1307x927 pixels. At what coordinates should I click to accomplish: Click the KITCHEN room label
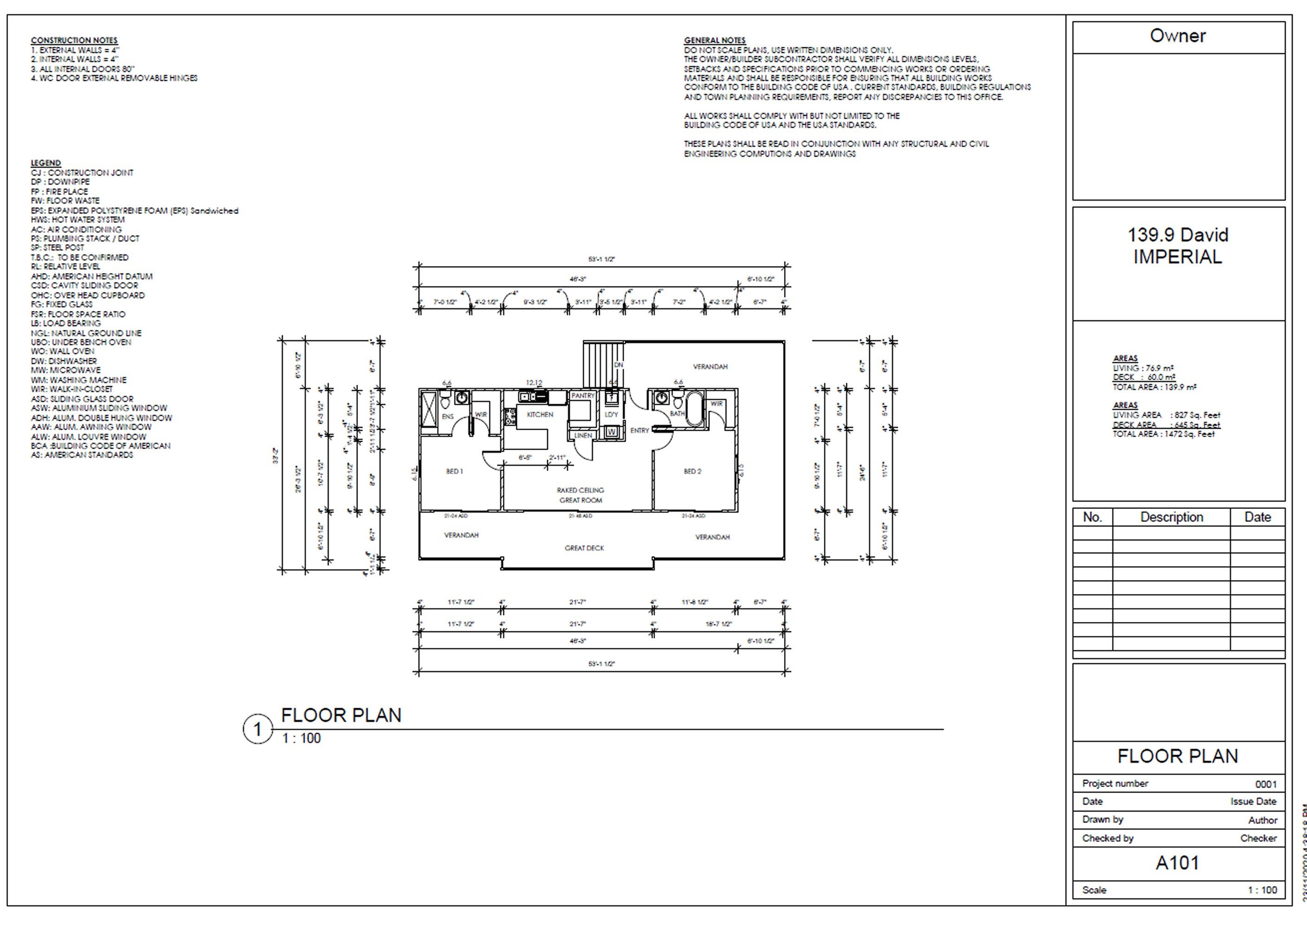pyautogui.click(x=540, y=414)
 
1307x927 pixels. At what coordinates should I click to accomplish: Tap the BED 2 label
pyautogui.click(x=692, y=471)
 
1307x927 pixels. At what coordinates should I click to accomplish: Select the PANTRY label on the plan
pyautogui.click(x=582, y=395)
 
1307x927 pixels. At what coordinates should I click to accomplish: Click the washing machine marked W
pyautogui.click(x=612, y=432)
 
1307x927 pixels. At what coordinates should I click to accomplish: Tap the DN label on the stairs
pyautogui.click(x=618, y=365)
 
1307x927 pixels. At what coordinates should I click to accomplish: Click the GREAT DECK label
pyautogui.click(x=584, y=548)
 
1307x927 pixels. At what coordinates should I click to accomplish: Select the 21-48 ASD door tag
pyautogui.click(x=580, y=516)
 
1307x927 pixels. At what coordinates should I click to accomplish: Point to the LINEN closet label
pyautogui.click(x=582, y=436)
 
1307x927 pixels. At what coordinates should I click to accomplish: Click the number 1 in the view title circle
pyautogui.click(x=257, y=730)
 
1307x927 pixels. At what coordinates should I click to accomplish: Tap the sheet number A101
pyautogui.click(x=1177, y=863)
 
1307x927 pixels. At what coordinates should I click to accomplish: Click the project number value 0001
pyautogui.click(x=1265, y=784)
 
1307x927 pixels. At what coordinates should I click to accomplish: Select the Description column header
pyautogui.click(x=1171, y=517)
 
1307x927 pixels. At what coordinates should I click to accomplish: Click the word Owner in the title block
pyautogui.click(x=1177, y=36)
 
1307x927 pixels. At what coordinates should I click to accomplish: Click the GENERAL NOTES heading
pyautogui.click(x=714, y=40)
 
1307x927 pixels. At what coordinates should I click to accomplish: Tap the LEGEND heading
pyautogui.click(x=46, y=163)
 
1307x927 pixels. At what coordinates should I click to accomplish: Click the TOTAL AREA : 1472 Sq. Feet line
pyautogui.click(x=1163, y=434)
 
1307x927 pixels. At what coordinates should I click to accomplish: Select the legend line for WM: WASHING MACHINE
pyautogui.click(x=79, y=380)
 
